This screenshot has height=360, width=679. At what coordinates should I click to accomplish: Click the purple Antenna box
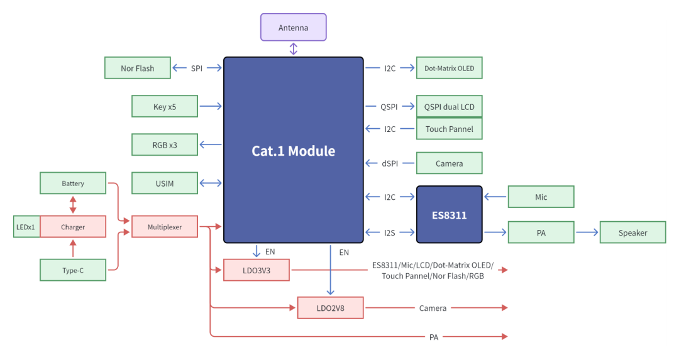pos(293,27)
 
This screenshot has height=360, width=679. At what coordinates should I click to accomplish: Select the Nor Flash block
pos(137,68)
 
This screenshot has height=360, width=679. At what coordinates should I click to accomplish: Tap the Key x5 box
pos(165,106)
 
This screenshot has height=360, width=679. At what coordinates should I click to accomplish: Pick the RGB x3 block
pos(165,145)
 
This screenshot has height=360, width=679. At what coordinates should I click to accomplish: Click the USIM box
pos(165,183)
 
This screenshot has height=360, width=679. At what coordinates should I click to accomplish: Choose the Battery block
pos(73,183)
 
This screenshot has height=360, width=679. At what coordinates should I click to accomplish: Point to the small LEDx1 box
pos(26,226)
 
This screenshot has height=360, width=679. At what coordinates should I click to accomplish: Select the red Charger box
pos(73,226)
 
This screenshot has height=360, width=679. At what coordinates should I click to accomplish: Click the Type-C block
pos(73,270)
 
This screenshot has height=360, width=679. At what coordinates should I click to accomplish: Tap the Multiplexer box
pos(165,226)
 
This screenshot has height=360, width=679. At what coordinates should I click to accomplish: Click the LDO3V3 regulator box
pos(257,270)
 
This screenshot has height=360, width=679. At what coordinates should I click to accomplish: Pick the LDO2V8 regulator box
pos(331,308)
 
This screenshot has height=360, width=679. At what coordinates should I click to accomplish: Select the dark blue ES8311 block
pos(449,215)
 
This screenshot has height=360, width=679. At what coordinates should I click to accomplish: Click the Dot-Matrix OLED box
pos(449,68)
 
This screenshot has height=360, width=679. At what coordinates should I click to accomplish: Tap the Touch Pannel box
pos(449,129)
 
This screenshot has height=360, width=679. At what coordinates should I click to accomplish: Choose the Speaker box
pos(632,232)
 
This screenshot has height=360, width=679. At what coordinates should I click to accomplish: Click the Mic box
pos(541,197)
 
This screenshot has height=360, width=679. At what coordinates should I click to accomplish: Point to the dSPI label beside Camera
pos(390,163)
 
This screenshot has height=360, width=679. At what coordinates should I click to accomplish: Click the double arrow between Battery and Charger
pos(73,205)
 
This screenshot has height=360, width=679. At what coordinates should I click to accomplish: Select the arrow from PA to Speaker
pos(587,232)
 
